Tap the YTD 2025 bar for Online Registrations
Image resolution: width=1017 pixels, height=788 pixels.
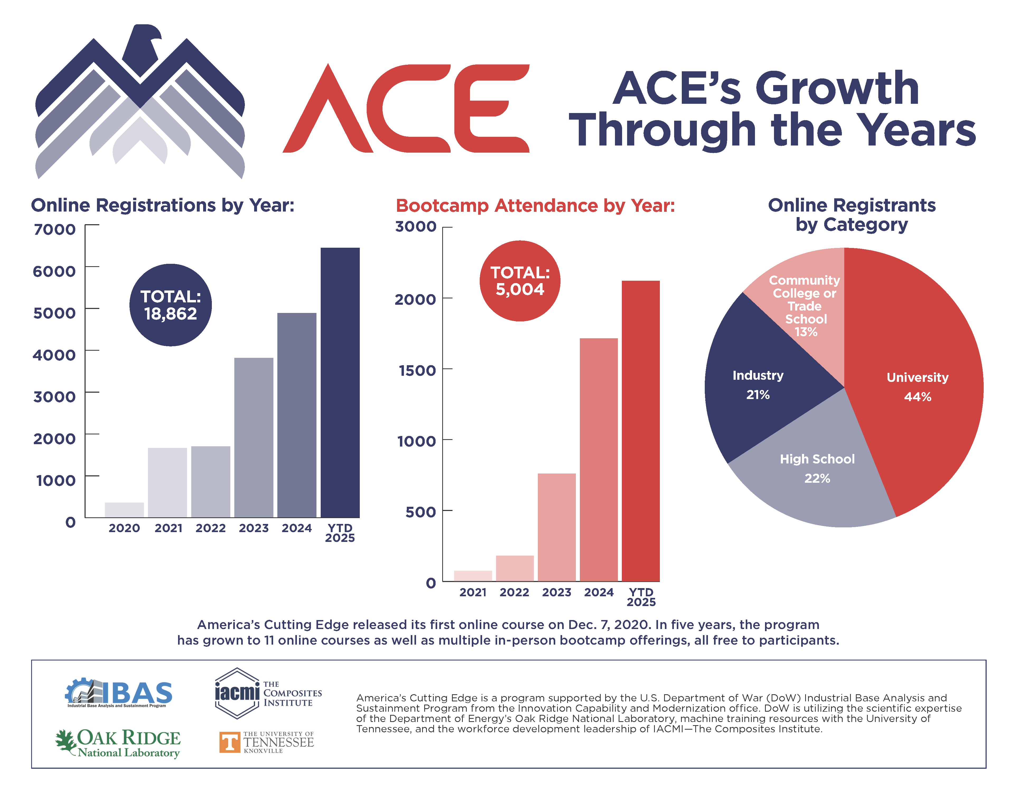point(340,382)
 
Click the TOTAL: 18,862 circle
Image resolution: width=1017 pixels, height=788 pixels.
point(170,305)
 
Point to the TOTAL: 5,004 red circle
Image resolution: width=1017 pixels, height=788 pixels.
point(520,281)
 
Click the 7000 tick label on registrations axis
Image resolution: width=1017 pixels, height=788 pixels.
point(54,229)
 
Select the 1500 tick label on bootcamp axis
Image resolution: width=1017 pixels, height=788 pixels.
point(417,370)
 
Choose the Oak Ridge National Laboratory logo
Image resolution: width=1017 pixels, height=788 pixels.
point(119,742)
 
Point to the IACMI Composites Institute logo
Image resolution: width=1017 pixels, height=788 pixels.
point(268,693)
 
